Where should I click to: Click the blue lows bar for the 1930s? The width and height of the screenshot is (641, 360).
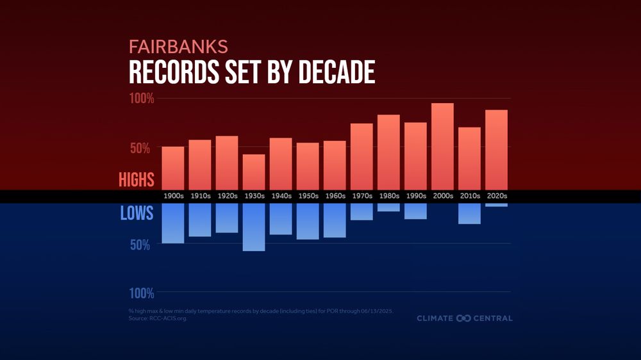coord(254,227)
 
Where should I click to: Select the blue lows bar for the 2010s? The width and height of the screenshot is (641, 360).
coord(469,213)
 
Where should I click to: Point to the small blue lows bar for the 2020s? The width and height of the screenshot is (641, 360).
coord(496,205)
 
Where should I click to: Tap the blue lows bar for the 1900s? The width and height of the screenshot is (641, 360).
coord(173,223)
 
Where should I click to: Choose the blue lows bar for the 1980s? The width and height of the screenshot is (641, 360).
coord(388,207)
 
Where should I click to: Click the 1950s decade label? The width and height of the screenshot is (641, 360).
coord(308,196)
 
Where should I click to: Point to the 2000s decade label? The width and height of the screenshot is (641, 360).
coord(442,196)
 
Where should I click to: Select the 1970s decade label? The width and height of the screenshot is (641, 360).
coord(362,196)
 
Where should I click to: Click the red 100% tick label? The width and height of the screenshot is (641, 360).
coord(142,99)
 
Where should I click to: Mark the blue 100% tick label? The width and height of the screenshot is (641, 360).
coord(142,293)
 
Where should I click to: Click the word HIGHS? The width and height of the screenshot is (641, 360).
coord(137,180)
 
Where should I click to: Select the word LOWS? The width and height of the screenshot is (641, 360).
coord(137,213)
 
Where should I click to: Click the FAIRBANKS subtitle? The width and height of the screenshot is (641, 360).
coord(178,47)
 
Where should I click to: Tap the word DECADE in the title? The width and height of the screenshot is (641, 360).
coord(337,72)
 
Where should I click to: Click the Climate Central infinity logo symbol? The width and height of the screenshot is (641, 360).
coord(463,318)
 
